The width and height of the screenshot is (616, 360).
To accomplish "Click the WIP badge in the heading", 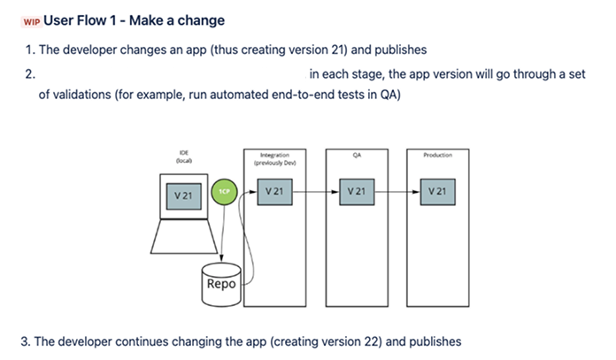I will [x=32, y=20].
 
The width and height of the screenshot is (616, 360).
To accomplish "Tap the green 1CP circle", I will [x=223, y=192].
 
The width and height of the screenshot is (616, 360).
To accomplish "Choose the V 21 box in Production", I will [x=437, y=191].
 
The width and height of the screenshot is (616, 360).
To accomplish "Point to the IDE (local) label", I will [x=184, y=157].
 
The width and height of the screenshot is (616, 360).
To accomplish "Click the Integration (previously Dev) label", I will [x=273, y=158].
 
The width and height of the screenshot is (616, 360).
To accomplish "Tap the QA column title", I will [x=357, y=154].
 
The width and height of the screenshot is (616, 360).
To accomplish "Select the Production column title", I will [x=437, y=154].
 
